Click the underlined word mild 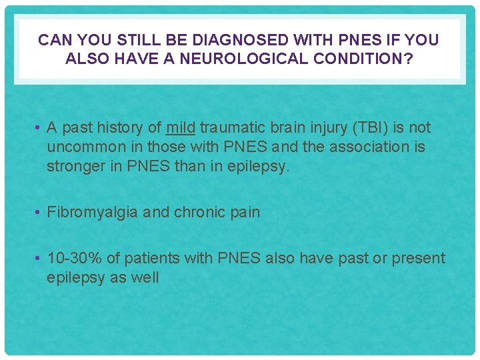coord(181,127)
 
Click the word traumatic coord(230,127)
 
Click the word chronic coord(201,212)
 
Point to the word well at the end coord(145,277)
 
